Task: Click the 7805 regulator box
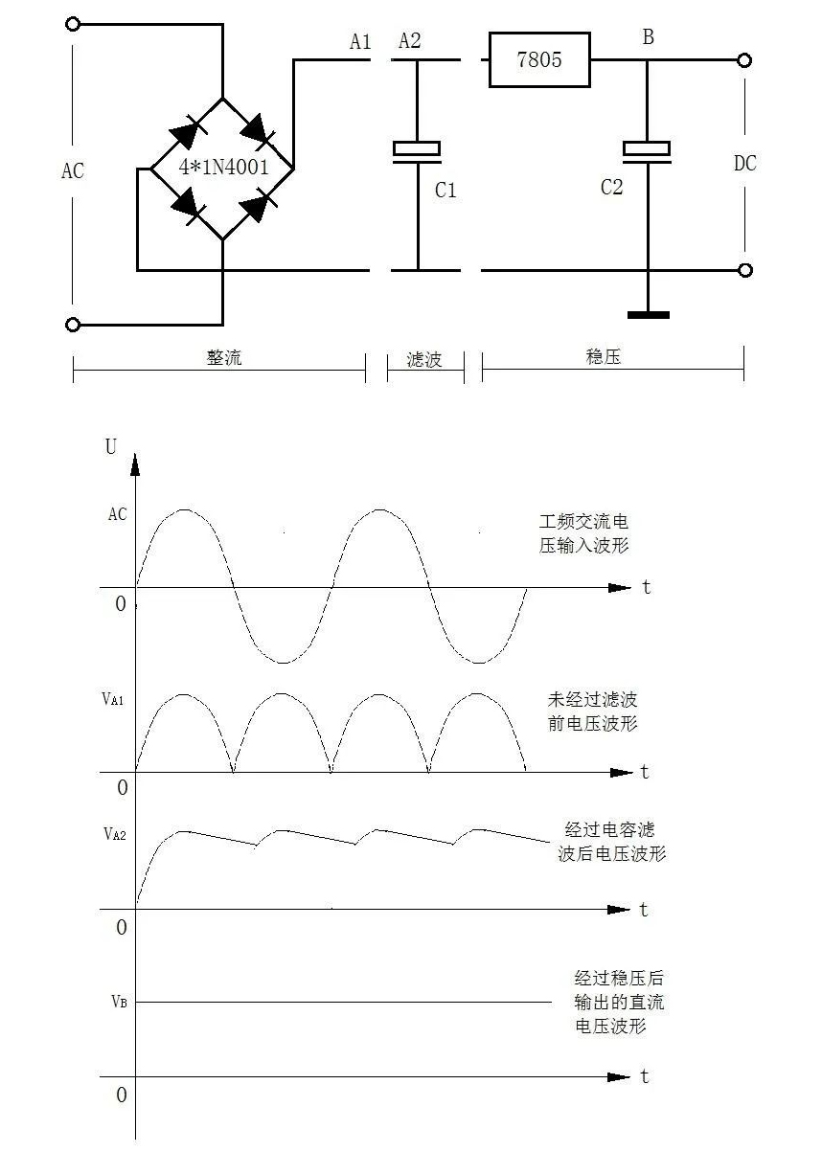pyautogui.click(x=539, y=60)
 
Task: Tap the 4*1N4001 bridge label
pyautogui.click(x=223, y=167)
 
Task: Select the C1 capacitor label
pyautogui.click(x=445, y=191)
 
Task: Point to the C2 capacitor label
pyautogui.click(x=611, y=188)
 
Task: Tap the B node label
pyautogui.click(x=649, y=38)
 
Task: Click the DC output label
pyautogui.click(x=744, y=164)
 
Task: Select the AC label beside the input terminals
pyautogui.click(x=73, y=171)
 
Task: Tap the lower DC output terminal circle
pyautogui.click(x=744, y=270)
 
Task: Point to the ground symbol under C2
pyautogui.click(x=648, y=314)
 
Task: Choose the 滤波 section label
pyautogui.click(x=424, y=359)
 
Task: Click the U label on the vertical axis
pyautogui.click(x=111, y=447)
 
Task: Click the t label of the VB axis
pyautogui.click(x=645, y=1076)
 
